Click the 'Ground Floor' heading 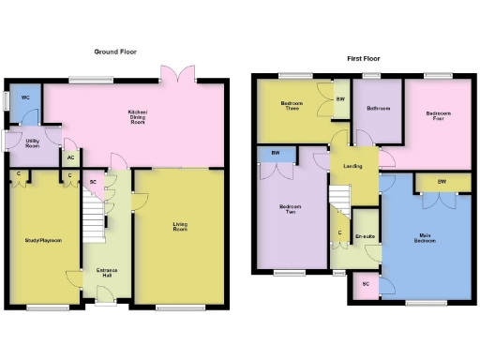pyautogui.click(x=115, y=52)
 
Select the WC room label pyautogui.click(x=25, y=97)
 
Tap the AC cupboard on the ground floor pyautogui.click(x=71, y=157)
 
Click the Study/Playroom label pyautogui.click(x=42, y=241)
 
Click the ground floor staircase pyautogui.click(x=92, y=216)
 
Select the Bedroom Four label pyautogui.click(x=438, y=115)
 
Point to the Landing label pyautogui.click(x=353, y=167)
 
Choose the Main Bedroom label pyautogui.click(x=424, y=238)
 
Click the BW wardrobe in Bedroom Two pyautogui.click(x=277, y=154)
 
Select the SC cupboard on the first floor pyautogui.click(x=365, y=283)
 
